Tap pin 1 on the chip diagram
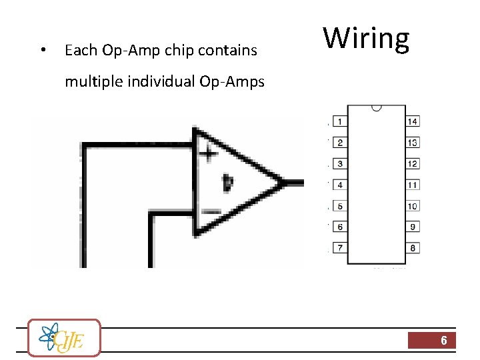[340, 121]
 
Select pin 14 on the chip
[413, 121]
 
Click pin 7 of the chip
[340, 248]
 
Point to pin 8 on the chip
[413, 248]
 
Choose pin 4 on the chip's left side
[340, 185]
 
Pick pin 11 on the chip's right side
[413, 185]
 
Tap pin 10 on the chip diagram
[413, 206]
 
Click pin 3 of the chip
[340, 163]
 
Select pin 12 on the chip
[413, 163]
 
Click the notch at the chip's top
[377, 107]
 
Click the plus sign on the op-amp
[209, 153]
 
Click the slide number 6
[443, 341]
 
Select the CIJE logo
[64, 337]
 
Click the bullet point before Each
[42, 51]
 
